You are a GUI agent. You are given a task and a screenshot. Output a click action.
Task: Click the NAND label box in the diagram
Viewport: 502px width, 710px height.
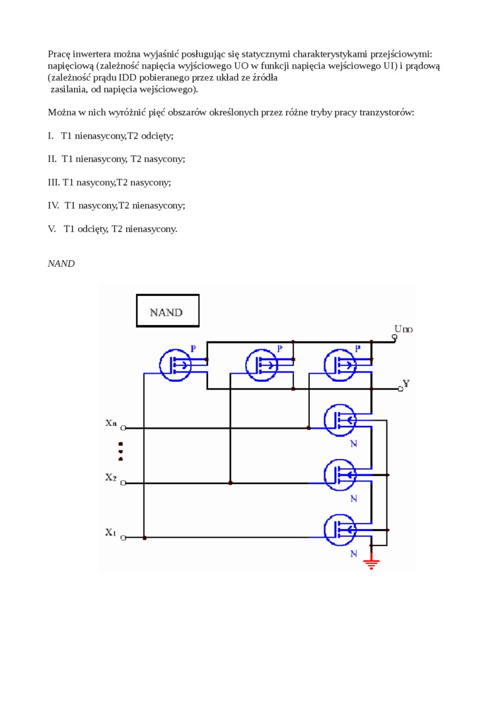(167, 311)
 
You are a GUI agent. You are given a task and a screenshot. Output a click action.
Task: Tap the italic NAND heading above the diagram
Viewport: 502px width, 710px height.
(61, 264)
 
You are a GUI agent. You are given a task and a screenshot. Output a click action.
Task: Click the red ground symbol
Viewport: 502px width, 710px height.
(372, 563)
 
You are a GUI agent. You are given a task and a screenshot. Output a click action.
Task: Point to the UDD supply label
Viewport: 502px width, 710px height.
(403, 328)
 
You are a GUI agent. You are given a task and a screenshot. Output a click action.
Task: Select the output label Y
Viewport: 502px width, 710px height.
(406, 383)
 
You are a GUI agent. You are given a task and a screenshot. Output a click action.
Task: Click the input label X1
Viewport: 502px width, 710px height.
(111, 532)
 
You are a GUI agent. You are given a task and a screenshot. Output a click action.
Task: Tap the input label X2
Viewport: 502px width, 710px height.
(111, 477)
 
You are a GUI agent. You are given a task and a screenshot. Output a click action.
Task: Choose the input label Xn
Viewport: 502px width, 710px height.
(111, 423)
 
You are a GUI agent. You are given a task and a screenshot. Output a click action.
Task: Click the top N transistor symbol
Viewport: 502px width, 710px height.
(340, 419)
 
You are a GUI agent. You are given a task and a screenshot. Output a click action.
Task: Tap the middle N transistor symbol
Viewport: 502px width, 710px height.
(340, 474)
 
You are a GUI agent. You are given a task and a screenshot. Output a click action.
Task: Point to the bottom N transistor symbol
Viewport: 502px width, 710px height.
(340, 529)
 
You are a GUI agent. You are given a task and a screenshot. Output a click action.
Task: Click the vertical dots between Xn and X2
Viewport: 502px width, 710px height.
(120, 450)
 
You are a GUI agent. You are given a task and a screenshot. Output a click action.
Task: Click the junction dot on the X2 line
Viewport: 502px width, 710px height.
(231, 483)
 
